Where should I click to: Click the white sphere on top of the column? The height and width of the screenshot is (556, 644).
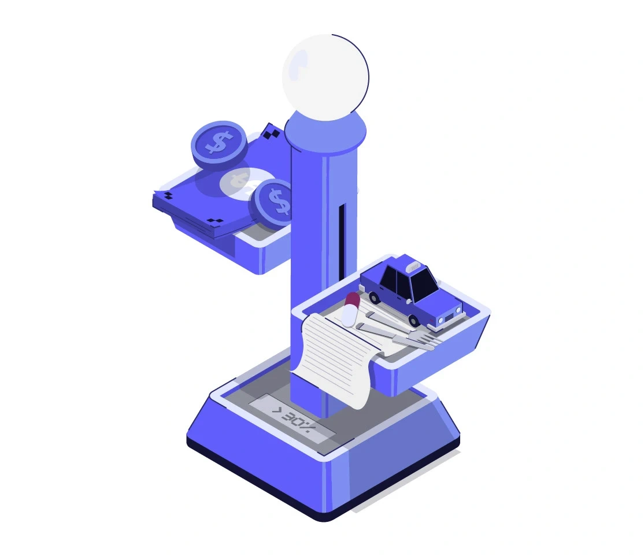[325, 77]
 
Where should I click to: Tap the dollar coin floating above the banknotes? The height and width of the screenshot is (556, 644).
[219, 144]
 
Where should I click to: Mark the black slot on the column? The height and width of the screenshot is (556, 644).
[342, 240]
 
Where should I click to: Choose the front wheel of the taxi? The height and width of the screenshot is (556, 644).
[413, 320]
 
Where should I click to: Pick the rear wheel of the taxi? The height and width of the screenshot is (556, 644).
[373, 297]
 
